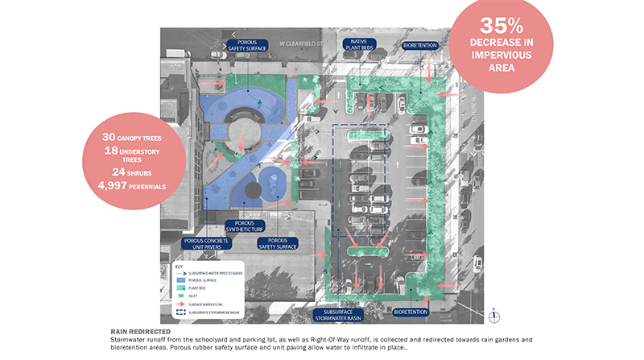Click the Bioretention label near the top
[x=419, y=45]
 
